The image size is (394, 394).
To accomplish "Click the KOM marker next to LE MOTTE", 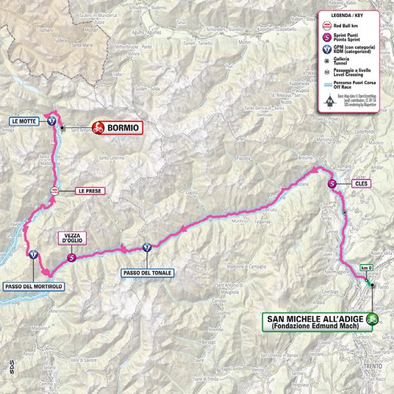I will (x=51, y=121).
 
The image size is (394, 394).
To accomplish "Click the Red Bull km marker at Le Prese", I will (x=55, y=191).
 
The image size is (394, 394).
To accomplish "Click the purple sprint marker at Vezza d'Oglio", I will (x=71, y=258).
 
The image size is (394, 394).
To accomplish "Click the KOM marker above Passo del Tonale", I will (x=147, y=248).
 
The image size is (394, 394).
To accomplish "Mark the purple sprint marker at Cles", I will (x=333, y=185).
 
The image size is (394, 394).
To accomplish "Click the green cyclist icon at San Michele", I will (x=373, y=320).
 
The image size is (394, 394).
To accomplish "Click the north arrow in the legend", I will (x=327, y=100).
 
